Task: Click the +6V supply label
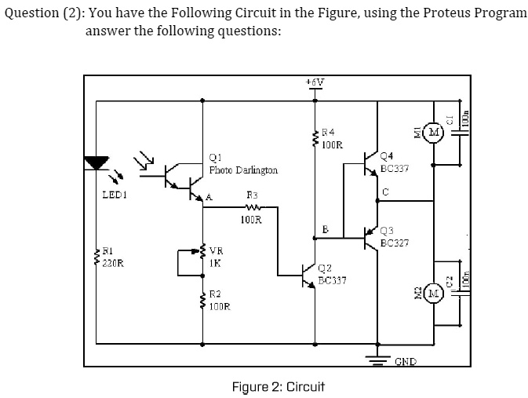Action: click(x=315, y=82)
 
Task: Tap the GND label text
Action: click(x=405, y=361)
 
